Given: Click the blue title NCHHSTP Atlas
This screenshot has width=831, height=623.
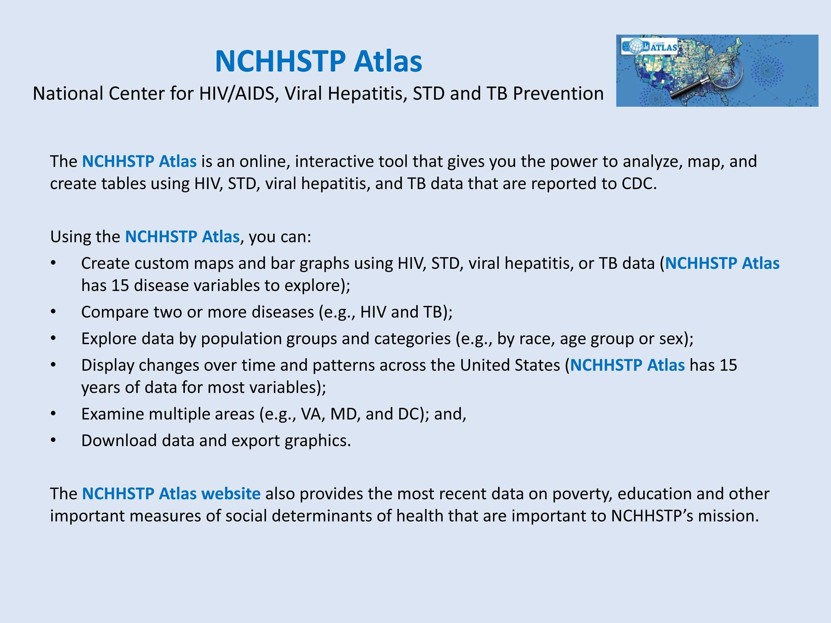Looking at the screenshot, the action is [319, 61].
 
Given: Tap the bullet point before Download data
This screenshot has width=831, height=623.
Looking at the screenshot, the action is [53, 441].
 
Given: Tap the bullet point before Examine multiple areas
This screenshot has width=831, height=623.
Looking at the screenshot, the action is [53, 414].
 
